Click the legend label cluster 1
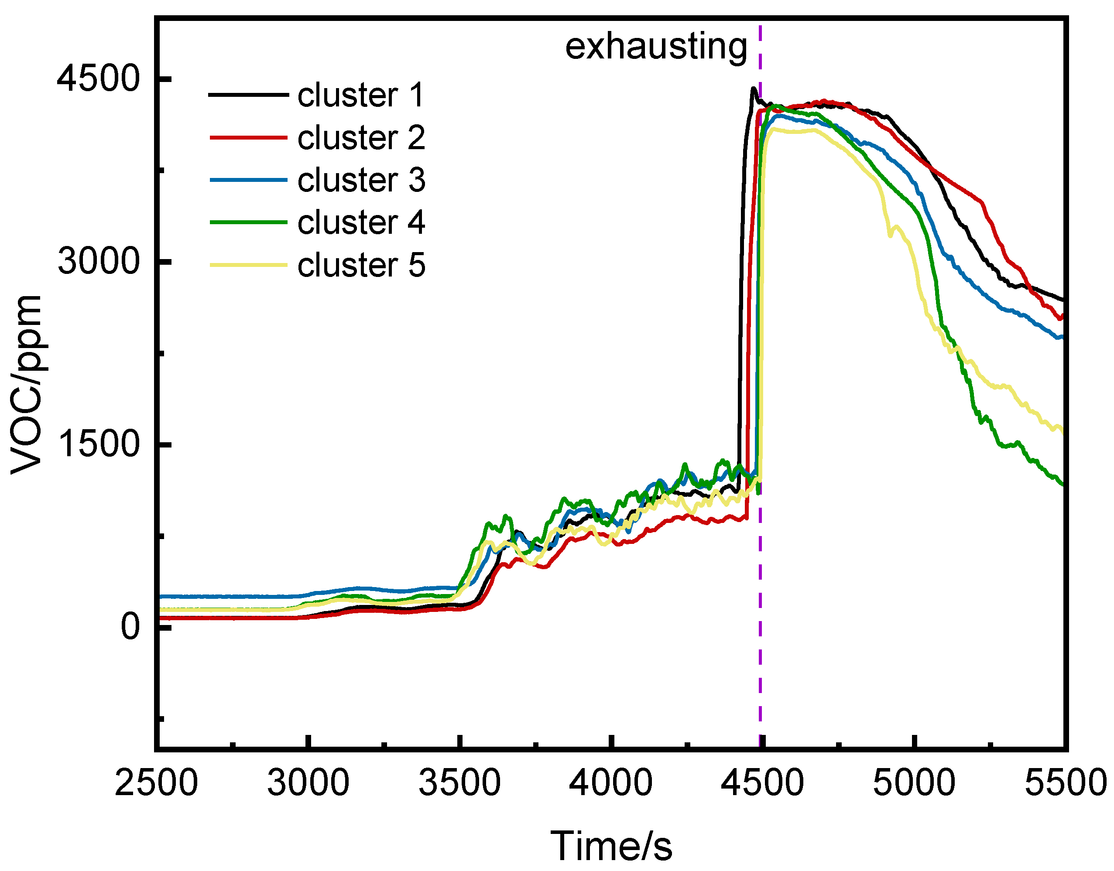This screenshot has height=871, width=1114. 360,96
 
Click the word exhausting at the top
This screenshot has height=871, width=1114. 656,47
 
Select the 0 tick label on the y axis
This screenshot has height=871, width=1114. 130,627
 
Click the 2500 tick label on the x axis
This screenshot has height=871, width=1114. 156,783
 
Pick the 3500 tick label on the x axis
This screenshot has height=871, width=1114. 459,783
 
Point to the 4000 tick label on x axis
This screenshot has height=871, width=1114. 610,783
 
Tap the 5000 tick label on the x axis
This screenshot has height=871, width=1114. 914,783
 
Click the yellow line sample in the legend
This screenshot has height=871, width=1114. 248,265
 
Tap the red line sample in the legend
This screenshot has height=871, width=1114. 248,137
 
